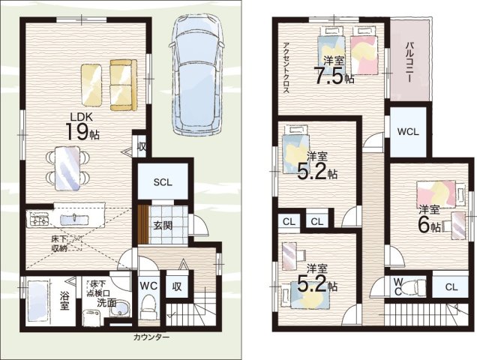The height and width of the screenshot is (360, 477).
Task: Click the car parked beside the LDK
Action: click(x=196, y=74)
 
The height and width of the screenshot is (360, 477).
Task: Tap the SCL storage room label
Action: click(x=163, y=182)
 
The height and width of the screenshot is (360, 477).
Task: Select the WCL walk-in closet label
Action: click(x=408, y=132)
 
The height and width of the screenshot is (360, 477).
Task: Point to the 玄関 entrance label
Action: click(x=163, y=226)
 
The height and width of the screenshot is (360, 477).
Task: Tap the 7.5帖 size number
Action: click(x=334, y=77)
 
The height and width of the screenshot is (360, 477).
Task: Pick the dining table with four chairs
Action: click(x=67, y=168)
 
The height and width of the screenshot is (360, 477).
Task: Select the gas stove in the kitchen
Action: click(x=39, y=219)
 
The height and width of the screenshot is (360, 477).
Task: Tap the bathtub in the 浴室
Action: click(x=38, y=301)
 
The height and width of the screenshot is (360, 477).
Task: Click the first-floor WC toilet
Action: click(x=148, y=307)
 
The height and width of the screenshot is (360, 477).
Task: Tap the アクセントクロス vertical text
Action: click(x=286, y=67)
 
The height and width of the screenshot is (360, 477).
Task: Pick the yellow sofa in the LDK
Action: click(x=124, y=85)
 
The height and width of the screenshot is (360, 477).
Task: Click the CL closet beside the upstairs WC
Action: click(x=451, y=286)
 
